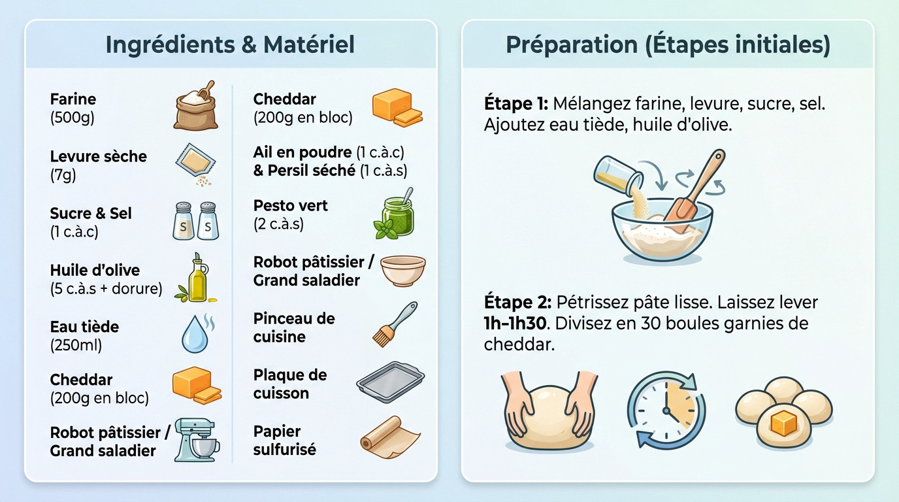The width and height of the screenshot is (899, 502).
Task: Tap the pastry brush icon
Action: point(394,324)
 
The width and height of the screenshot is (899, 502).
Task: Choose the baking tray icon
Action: point(390,381)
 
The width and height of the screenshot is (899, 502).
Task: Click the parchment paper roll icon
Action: point(390,434)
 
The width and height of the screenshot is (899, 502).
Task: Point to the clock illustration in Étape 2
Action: point(666,409)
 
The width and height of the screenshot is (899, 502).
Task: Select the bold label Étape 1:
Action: point(515,104)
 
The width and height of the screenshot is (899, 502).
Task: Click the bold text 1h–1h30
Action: point(514,324)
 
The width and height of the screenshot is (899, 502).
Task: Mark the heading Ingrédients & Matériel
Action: point(230,44)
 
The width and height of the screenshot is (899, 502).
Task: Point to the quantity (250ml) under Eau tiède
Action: point(76,345)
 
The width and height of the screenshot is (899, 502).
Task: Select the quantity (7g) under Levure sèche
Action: point(63,175)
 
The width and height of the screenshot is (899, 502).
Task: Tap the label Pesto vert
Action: point(290,206)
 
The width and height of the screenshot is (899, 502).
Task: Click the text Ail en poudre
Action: point(302,152)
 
